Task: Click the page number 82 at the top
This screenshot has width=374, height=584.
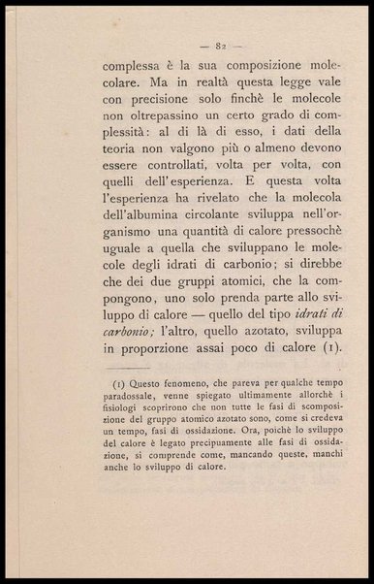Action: (222, 45)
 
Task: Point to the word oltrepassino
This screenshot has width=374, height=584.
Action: (164, 143)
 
